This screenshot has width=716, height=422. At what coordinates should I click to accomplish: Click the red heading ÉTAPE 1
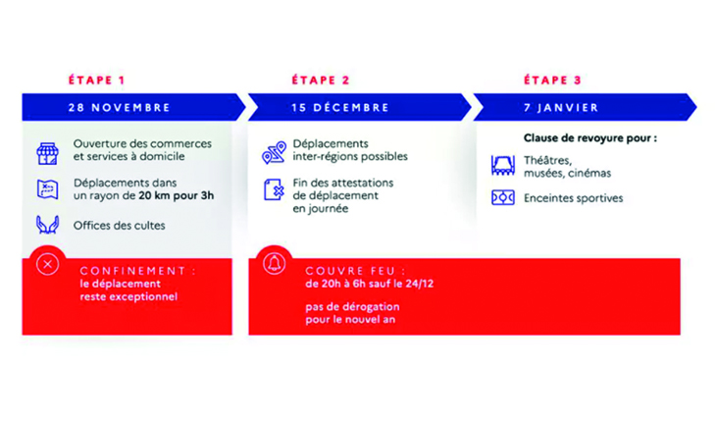[96, 80]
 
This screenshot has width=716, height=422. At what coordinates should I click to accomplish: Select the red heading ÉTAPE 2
[321, 80]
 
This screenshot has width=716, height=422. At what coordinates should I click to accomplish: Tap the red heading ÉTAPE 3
[552, 80]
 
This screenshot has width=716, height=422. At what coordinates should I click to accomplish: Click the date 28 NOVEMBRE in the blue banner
[120, 108]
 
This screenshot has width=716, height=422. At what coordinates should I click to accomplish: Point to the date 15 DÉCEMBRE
[340, 108]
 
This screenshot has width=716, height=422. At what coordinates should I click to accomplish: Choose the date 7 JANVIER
[561, 108]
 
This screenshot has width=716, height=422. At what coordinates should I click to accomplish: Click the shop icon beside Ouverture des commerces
[47, 153]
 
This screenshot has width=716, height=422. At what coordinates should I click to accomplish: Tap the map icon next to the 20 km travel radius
[47, 189]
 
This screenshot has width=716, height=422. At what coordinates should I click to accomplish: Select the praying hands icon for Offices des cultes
[47, 225]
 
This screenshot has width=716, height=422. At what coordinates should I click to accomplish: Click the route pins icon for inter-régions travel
[274, 152]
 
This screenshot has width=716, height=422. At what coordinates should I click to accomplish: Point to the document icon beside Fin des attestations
[274, 189]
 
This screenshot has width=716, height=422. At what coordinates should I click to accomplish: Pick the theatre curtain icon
[503, 165]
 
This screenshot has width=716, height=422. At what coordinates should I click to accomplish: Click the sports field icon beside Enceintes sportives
[503, 198]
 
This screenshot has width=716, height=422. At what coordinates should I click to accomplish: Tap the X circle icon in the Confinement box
[47, 264]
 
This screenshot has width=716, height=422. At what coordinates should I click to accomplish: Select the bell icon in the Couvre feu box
[274, 264]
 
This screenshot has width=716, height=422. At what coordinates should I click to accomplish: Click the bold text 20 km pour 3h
[177, 195]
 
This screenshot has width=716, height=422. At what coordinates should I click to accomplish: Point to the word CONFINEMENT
[132, 271]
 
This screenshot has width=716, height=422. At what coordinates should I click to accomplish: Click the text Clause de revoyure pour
[586, 138]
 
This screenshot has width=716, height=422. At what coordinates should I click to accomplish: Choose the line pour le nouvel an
[350, 319]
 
